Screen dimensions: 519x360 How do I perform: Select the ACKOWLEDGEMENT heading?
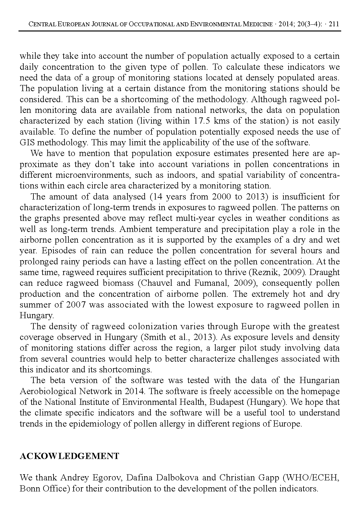point(69,456)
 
